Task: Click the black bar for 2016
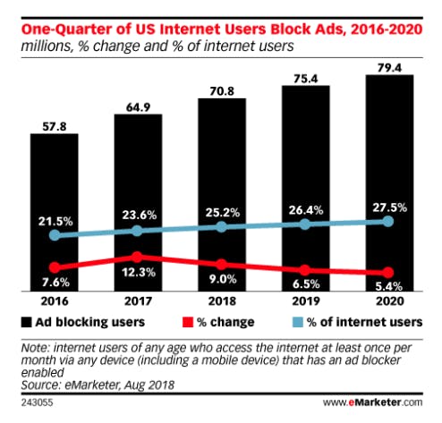(55, 212)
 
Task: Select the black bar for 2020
(389, 183)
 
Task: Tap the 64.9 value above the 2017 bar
(138, 107)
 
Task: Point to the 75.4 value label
(306, 79)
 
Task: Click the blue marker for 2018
(221, 227)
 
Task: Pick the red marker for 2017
(137, 257)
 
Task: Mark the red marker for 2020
(388, 272)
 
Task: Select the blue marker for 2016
(55, 235)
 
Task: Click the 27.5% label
(390, 207)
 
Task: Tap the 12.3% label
(139, 272)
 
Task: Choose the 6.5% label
(306, 284)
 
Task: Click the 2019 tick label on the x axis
(306, 301)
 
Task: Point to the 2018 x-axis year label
(222, 301)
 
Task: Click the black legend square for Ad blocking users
(26, 322)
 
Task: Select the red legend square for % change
(188, 322)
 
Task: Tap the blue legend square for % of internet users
(298, 322)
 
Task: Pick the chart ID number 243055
(37, 403)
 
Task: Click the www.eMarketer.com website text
(373, 402)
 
